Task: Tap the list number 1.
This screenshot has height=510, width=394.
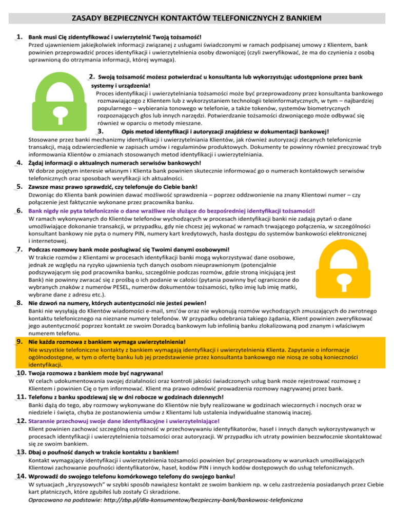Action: pos(20,37)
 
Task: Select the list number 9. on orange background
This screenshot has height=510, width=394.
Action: pos(21,341)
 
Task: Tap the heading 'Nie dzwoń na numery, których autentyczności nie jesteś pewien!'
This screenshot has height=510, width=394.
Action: pos(117,303)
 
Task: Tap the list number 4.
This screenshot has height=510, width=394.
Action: pos(20,163)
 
